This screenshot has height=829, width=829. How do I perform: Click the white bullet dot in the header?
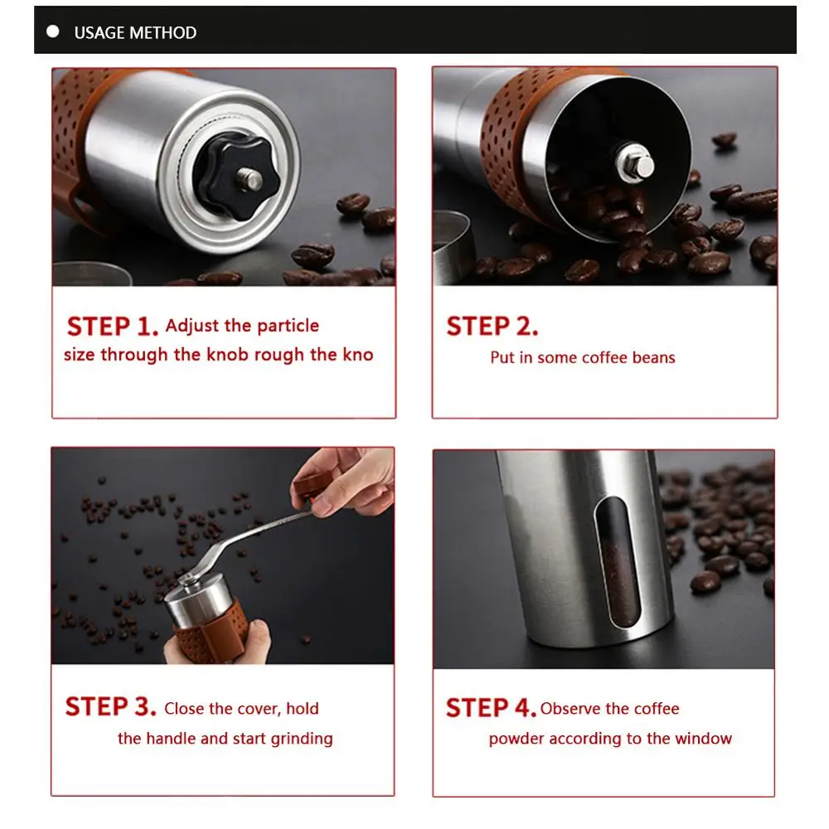(x=53, y=32)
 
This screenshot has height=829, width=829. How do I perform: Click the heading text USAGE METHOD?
(x=135, y=33)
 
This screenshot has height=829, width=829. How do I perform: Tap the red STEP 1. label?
(x=113, y=326)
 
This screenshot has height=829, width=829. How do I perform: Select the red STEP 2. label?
(x=492, y=326)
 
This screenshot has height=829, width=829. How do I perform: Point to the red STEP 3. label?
(x=110, y=707)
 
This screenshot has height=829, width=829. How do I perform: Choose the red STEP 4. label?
(x=491, y=708)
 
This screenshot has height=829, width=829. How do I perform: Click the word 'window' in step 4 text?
(x=703, y=739)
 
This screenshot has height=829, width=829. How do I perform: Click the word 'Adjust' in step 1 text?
(x=192, y=326)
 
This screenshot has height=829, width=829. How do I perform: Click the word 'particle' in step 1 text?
(x=288, y=326)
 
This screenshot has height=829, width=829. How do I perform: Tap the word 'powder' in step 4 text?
(x=516, y=739)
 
